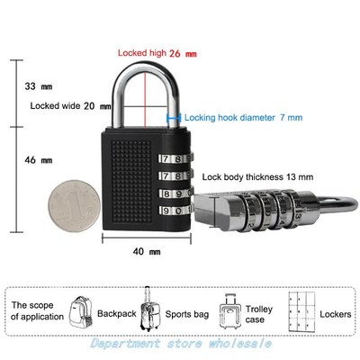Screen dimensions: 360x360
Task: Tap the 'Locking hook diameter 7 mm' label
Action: pos(243,117)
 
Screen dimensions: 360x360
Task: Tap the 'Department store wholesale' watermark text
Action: pos(180,344)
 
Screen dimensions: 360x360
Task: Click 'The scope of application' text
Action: pos(37,310)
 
